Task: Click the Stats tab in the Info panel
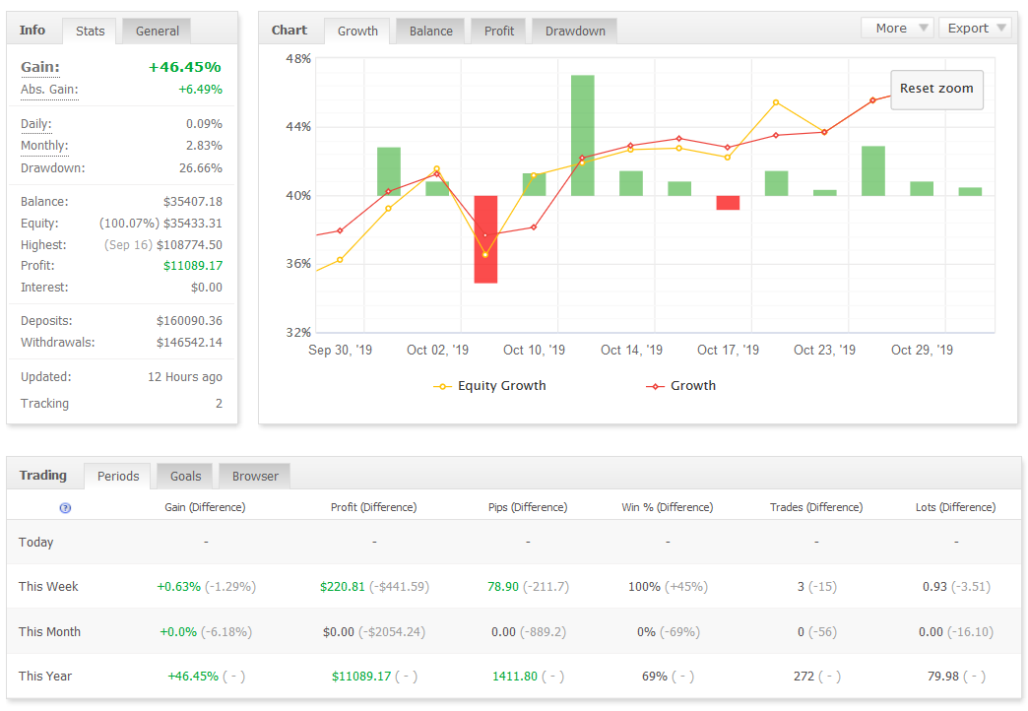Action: click(90, 31)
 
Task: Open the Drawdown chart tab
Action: click(575, 31)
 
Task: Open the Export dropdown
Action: click(976, 29)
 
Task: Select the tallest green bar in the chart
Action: click(582, 135)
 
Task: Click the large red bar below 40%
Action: click(485, 239)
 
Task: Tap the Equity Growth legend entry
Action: click(489, 386)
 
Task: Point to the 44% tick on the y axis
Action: click(298, 127)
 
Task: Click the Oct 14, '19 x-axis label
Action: click(631, 350)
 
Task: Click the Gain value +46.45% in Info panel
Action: click(185, 67)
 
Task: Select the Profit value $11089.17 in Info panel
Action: click(193, 266)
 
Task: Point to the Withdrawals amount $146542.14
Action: click(189, 343)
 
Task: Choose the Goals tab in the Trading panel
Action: click(185, 477)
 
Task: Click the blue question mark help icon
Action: click(65, 508)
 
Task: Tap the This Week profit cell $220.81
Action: click(343, 586)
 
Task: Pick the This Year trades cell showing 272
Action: click(803, 677)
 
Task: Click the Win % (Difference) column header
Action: click(668, 507)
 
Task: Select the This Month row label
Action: click(50, 631)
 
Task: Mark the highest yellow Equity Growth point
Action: click(776, 102)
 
